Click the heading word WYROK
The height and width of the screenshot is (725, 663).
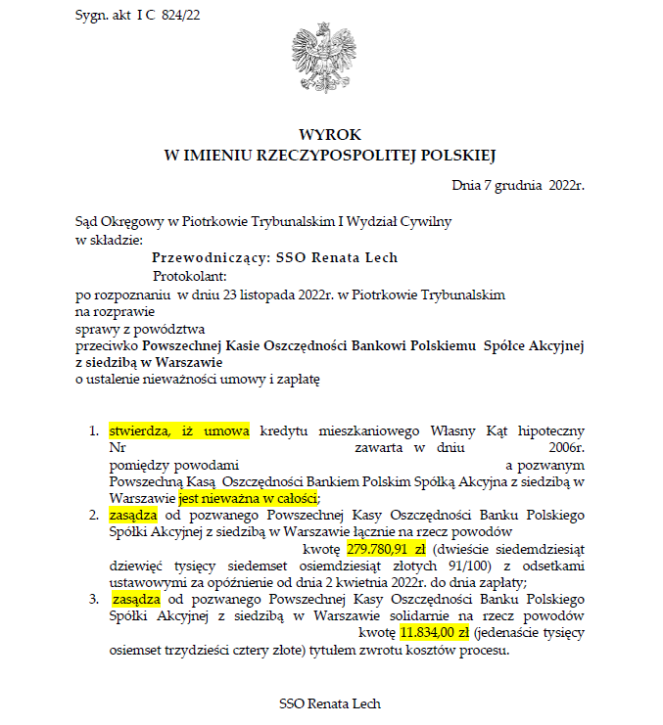[x=330, y=136]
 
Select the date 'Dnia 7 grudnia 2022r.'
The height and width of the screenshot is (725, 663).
[x=518, y=185]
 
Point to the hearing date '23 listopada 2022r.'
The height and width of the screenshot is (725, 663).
[x=267, y=294]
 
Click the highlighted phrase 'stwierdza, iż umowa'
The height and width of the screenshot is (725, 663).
[x=179, y=430]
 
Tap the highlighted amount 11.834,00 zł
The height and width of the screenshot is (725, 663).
[x=434, y=634]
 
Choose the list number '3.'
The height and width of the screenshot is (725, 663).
[x=94, y=599]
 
